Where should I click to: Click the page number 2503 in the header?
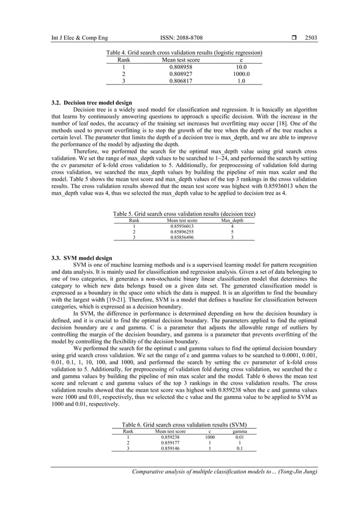[x=310, y=38]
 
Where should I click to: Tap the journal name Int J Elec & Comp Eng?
[x=72, y=38]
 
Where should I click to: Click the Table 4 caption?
[x=184, y=52]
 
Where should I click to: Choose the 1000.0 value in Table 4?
[x=241, y=73]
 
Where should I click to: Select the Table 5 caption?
[x=184, y=214]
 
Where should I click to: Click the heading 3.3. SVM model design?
[x=81, y=258]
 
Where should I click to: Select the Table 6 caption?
[x=184, y=424]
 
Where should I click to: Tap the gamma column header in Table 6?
[x=239, y=431]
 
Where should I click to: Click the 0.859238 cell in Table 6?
[x=170, y=437]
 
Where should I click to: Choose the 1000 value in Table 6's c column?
[x=210, y=437]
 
